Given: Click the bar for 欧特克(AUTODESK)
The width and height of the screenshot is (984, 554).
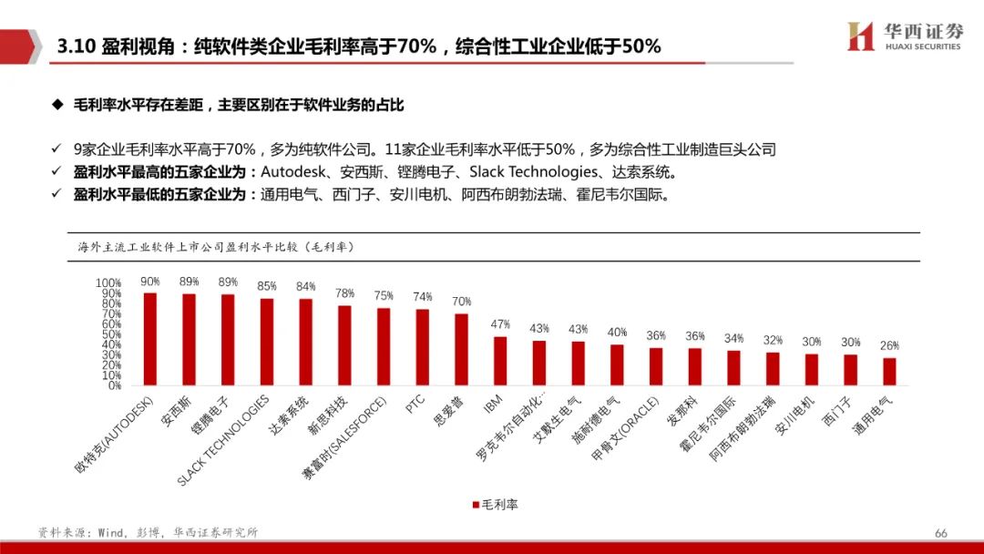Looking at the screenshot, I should click(149, 339).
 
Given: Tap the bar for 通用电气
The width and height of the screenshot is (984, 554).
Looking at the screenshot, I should click(889, 372).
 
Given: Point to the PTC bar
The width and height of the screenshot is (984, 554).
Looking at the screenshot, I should click(423, 347).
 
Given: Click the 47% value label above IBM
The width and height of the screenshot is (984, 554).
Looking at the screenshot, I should click(500, 324).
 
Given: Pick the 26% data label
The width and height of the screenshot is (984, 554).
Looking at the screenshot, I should click(889, 346).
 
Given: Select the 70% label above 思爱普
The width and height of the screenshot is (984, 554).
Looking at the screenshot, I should click(462, 302).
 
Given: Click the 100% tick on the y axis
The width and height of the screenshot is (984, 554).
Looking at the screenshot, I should click(108, 283).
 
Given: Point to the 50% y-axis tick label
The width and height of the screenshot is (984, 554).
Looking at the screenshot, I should click(111, 334).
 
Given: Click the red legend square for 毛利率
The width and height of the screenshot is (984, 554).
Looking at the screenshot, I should click(476, 504).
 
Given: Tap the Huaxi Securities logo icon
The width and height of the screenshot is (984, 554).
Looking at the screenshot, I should click(860, 36).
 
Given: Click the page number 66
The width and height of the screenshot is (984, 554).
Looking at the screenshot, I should click(940, 533).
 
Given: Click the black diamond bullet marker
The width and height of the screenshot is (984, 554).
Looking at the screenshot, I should click(57, 106).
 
